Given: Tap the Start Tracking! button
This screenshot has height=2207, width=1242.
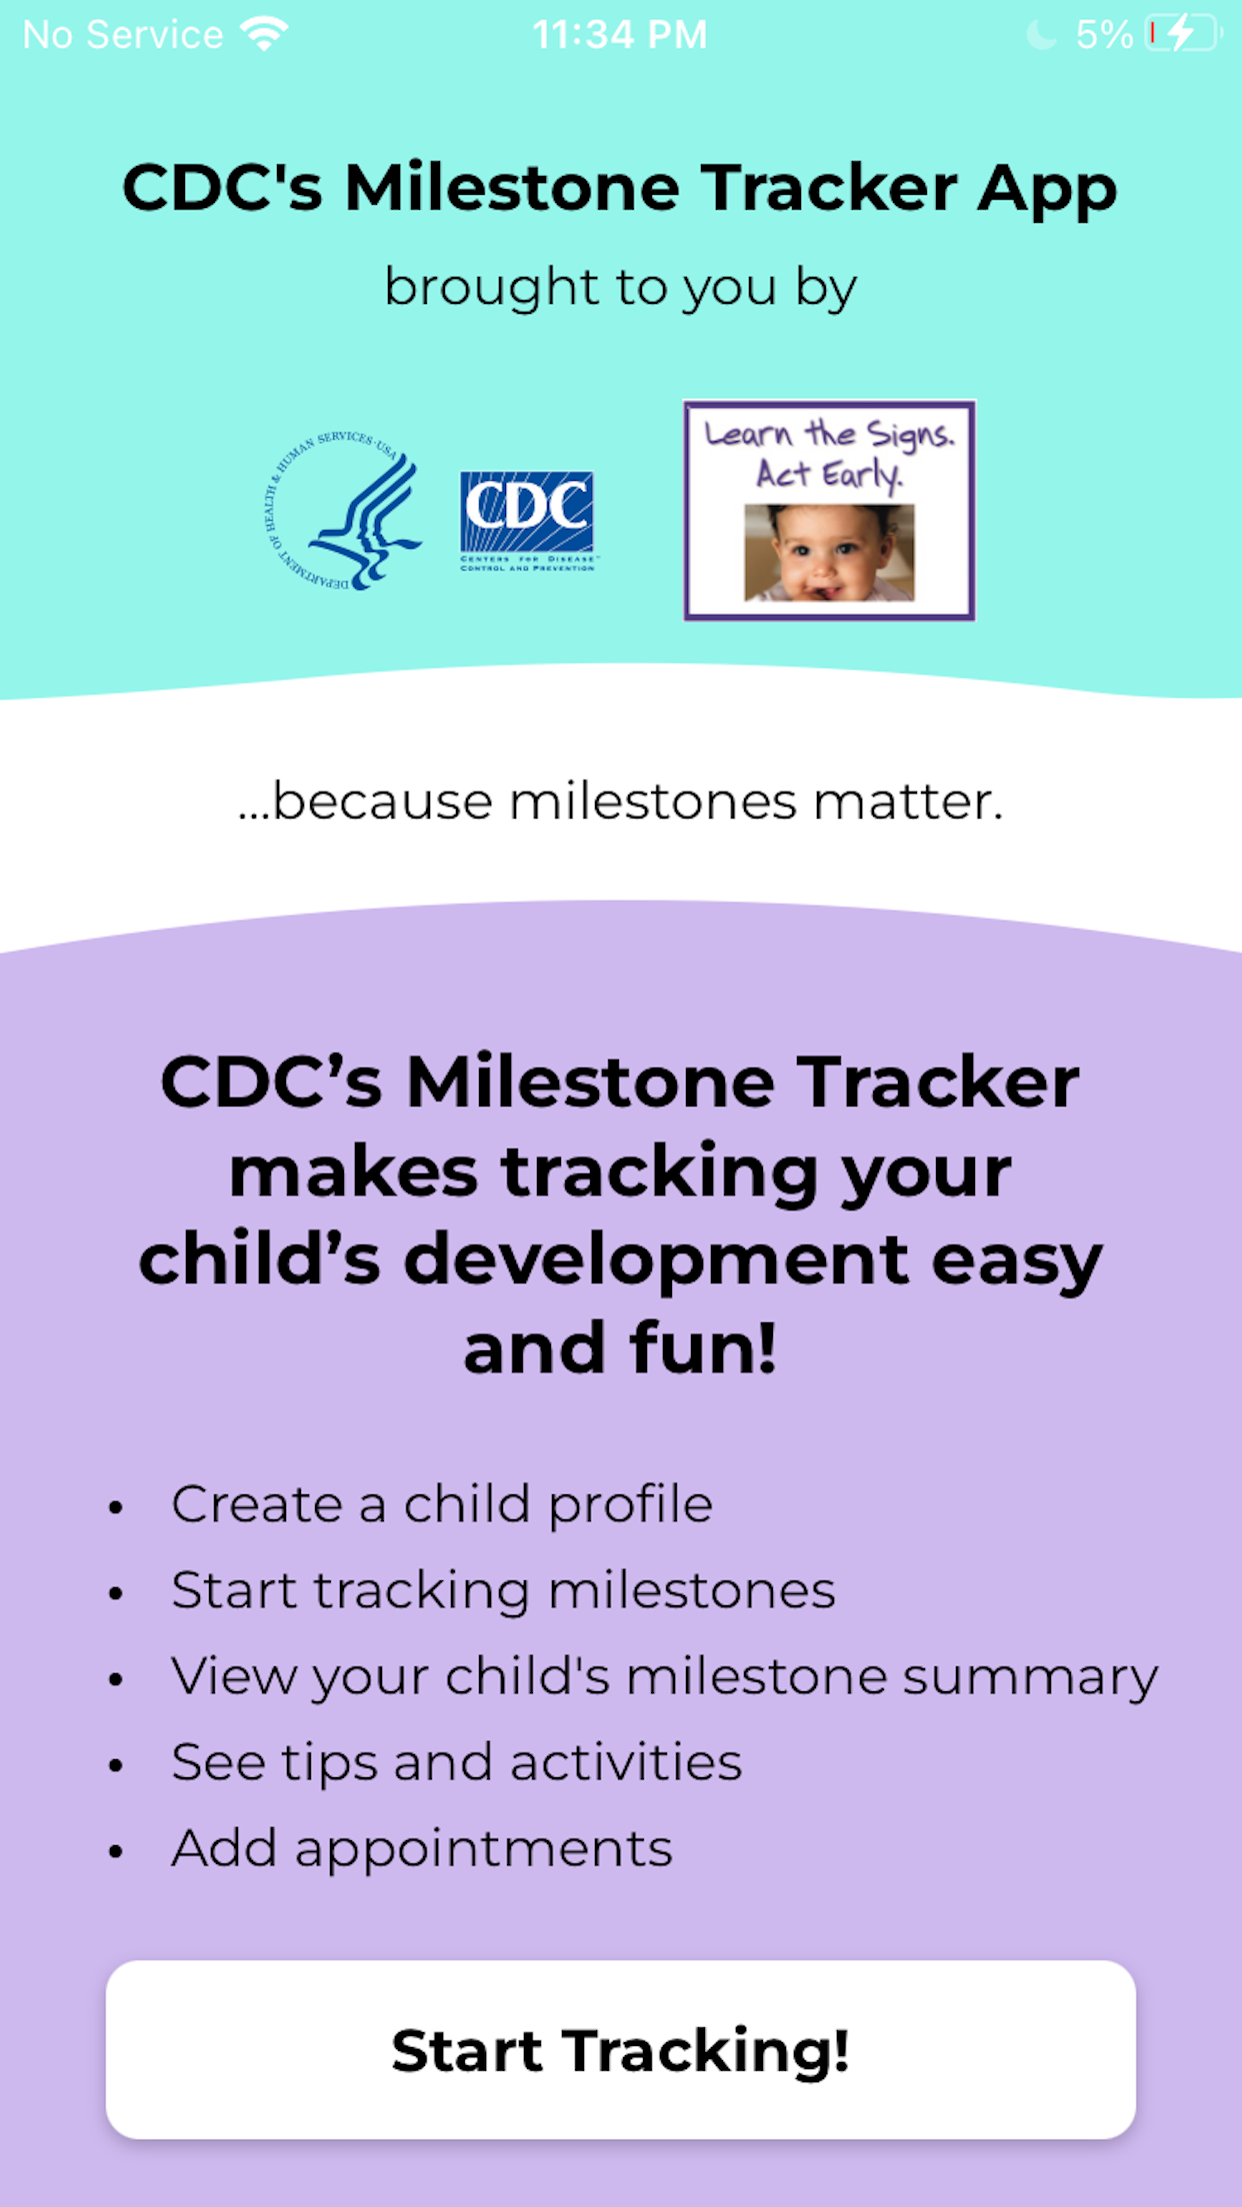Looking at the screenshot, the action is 620,2049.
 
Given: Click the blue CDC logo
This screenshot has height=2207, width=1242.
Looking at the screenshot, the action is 527,521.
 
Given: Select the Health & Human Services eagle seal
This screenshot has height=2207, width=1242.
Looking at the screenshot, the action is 341,511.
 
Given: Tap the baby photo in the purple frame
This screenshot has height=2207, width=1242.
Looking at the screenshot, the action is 829,553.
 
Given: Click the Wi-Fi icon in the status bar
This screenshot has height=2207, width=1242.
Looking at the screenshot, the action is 264,35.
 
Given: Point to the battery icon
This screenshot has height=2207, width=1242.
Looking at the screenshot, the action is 1184,35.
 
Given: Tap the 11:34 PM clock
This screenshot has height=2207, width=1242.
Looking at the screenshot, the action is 620,35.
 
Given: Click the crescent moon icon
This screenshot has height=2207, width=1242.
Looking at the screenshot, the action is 1041,35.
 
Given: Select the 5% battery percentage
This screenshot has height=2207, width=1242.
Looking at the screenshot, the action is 1104,35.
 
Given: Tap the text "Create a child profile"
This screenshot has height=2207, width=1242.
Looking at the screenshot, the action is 442,1504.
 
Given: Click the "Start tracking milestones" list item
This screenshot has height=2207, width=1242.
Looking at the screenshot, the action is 503,1590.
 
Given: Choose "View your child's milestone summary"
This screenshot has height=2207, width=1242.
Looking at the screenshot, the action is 665,1676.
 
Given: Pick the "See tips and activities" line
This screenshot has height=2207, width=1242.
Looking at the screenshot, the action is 457,1762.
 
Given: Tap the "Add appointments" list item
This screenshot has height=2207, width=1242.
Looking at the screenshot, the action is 422,1848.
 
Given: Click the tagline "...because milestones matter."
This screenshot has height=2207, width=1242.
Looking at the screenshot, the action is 620,802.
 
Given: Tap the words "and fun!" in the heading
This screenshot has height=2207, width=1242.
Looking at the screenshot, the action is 620,1348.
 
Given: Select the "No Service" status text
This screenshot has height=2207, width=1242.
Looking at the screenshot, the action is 123,35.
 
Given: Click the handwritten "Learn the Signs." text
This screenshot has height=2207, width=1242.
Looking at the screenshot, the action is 830,435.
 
